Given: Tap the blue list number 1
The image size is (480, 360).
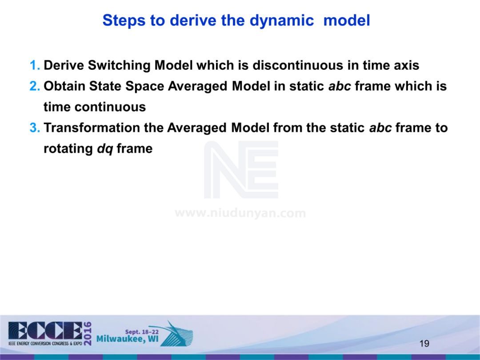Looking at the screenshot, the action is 35,65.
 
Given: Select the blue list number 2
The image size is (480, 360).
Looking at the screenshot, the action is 35,86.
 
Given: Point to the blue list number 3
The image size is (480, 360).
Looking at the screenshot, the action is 35,128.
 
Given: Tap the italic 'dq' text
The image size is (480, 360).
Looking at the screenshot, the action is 105,149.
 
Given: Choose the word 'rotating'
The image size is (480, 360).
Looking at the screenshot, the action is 68,149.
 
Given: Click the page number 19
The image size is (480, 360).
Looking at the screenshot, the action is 424,344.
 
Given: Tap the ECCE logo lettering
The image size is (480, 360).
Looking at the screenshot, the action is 45,331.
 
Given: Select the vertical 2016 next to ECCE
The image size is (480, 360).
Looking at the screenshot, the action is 88,333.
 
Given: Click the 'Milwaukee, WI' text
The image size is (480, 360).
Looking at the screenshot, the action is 128,339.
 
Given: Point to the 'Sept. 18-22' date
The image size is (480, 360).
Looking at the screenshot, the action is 142,332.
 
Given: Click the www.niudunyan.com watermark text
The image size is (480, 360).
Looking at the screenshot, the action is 240,213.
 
